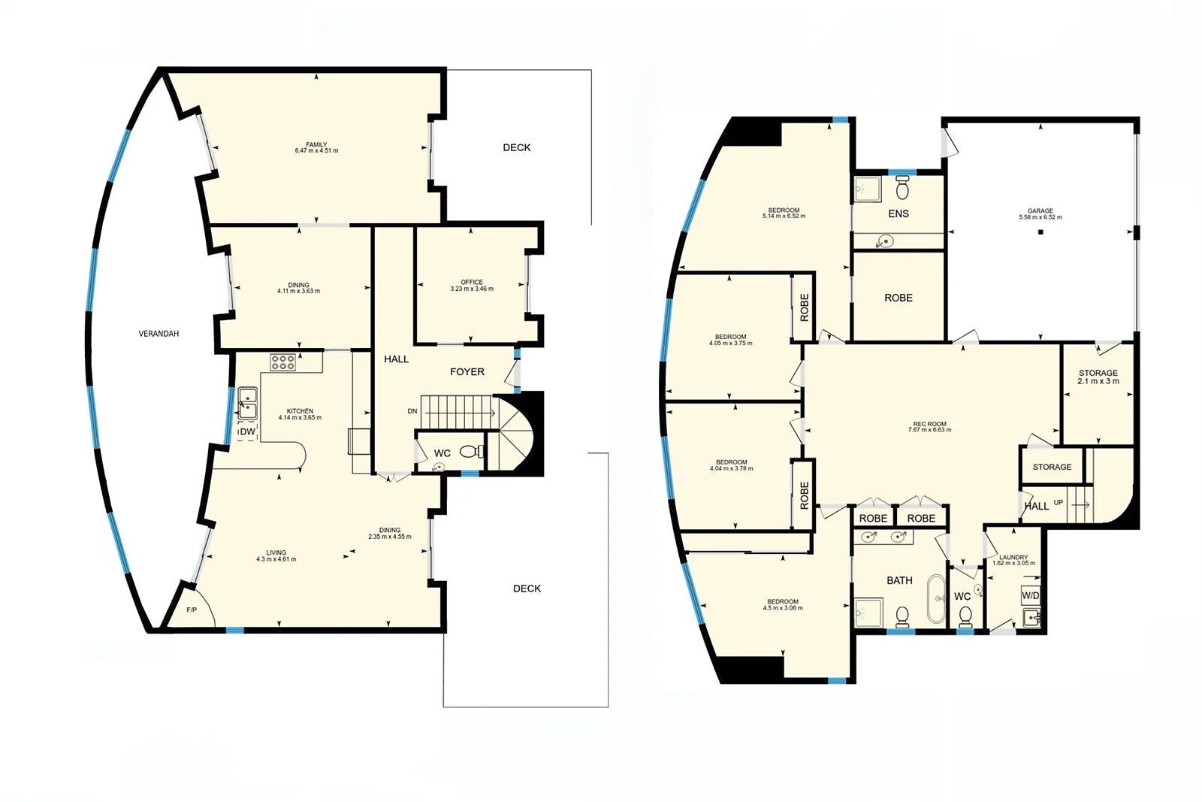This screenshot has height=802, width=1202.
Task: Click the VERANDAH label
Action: click(x=159, y=334)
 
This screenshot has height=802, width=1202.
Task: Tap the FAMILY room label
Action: click(x=316, y=147)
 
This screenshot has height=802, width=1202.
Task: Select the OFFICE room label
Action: click(x=472, y=286)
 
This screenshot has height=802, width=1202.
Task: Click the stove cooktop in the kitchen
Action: click(x=282, y=363)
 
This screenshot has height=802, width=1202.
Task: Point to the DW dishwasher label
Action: click(x=247, y=431)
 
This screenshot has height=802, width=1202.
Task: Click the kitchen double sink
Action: click(x=248, y=404)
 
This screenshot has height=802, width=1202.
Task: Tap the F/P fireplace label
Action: click(x=192, y=610)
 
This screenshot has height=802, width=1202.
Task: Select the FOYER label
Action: click(x=467, y=371)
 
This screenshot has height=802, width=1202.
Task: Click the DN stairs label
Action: click(x=412, y=411)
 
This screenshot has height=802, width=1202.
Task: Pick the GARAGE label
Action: click(x=1040, y=214)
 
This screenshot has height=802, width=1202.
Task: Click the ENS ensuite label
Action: click(x=898, y=213)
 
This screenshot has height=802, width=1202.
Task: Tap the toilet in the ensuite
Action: click(x=902, y=188)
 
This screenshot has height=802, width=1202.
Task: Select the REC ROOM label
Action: click(x=929, y=427)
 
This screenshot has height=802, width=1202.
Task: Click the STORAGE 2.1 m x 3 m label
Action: click(x=1098, y=377)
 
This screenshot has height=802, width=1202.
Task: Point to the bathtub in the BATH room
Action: click(x=936, y=599)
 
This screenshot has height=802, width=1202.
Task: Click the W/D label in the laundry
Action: click(x=1031, y=595)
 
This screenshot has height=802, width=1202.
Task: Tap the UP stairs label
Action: click(x=1059, y=502)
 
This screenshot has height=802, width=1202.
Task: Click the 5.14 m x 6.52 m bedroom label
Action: click(x=784, y=213)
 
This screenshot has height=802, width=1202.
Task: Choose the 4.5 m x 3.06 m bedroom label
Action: click(x=783, y=604)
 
